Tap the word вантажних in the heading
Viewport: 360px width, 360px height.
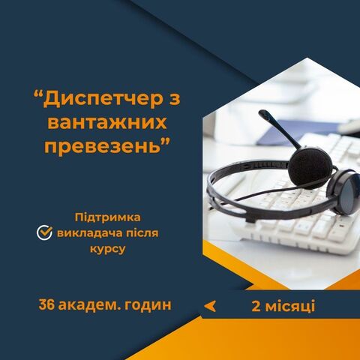click(107, 122)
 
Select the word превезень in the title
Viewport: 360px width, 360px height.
click(102, 146)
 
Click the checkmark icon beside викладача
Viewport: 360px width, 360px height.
click(44, 232)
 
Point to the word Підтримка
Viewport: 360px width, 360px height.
click(108, 217)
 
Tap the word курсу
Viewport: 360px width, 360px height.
click(108, 249)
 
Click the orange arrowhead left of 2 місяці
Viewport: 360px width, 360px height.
click(210, 306)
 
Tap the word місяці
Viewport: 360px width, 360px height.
click(290, 307)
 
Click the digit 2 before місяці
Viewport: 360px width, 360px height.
click(256, 307)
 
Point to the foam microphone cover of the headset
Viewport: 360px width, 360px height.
click(310, 165)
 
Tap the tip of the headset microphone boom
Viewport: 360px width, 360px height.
click(262, 113)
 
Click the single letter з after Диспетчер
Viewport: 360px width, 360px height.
click(175, 98)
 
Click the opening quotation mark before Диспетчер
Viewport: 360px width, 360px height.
click(37, 95)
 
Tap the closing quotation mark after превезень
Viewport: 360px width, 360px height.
click(166, 142)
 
